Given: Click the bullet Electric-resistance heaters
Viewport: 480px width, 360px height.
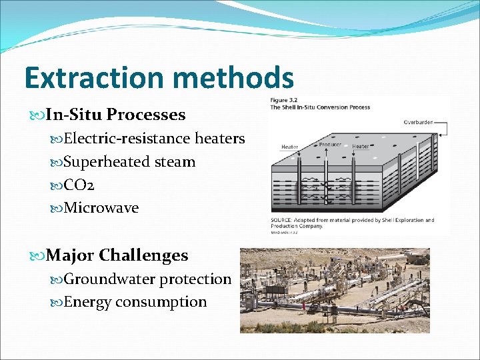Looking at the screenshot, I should pos(154,139).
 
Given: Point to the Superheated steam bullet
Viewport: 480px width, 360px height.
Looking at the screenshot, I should pos(129,162).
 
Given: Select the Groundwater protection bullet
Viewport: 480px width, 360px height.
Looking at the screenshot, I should pos(147,279).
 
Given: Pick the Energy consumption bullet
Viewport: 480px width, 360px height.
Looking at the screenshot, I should pos(135,302).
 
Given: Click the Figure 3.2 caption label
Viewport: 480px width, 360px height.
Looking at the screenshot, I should pos(285,100).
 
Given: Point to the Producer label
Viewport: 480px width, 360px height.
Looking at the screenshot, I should pos(330,144).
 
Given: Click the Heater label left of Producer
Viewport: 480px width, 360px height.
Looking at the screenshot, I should pos(289,147).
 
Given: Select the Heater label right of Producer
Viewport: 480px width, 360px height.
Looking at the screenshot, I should pos(361,146).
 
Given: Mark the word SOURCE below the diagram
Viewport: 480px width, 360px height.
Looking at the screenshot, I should pos(284,220).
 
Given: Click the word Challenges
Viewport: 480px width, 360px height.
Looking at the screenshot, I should pos(143,255).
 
